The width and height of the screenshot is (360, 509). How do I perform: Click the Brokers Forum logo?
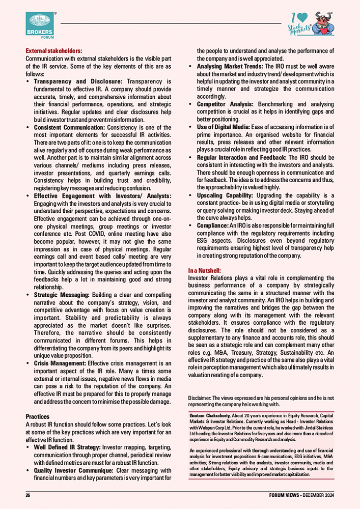tap(40, 25)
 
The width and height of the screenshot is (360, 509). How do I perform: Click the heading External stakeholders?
tap(53, 51)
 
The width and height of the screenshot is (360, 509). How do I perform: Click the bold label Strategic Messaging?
tap(62, 295)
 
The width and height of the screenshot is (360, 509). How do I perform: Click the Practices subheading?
tap(37, 416)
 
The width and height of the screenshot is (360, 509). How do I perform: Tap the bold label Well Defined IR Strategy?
tap(67, 447)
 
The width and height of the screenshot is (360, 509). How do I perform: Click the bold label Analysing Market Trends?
tap(230, 66)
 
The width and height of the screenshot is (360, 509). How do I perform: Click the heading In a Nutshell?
tap(205, 270)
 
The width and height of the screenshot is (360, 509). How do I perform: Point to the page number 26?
tap(29, 495)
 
